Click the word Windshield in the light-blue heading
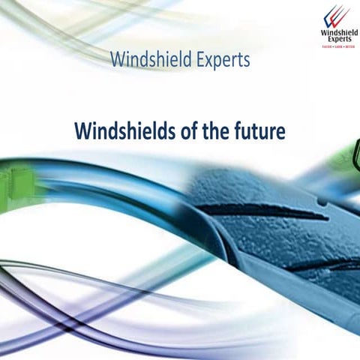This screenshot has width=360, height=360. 147,59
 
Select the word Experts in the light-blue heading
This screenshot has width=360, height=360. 220,60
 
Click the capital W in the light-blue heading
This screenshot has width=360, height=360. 115,59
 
